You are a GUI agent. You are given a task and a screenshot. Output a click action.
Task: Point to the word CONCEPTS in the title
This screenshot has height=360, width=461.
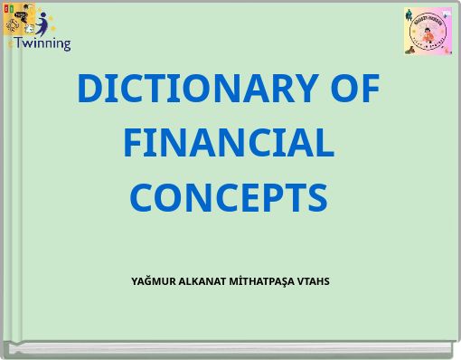[229, 197]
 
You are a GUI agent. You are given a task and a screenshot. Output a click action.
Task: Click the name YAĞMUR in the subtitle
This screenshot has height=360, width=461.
[153, 281]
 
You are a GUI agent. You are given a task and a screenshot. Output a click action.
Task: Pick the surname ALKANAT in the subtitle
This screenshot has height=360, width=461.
[203, 281]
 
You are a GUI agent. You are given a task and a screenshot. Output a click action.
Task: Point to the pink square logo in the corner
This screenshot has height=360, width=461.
[428, 31]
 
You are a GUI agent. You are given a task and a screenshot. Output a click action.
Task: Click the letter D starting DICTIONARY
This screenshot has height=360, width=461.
[89, 89]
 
